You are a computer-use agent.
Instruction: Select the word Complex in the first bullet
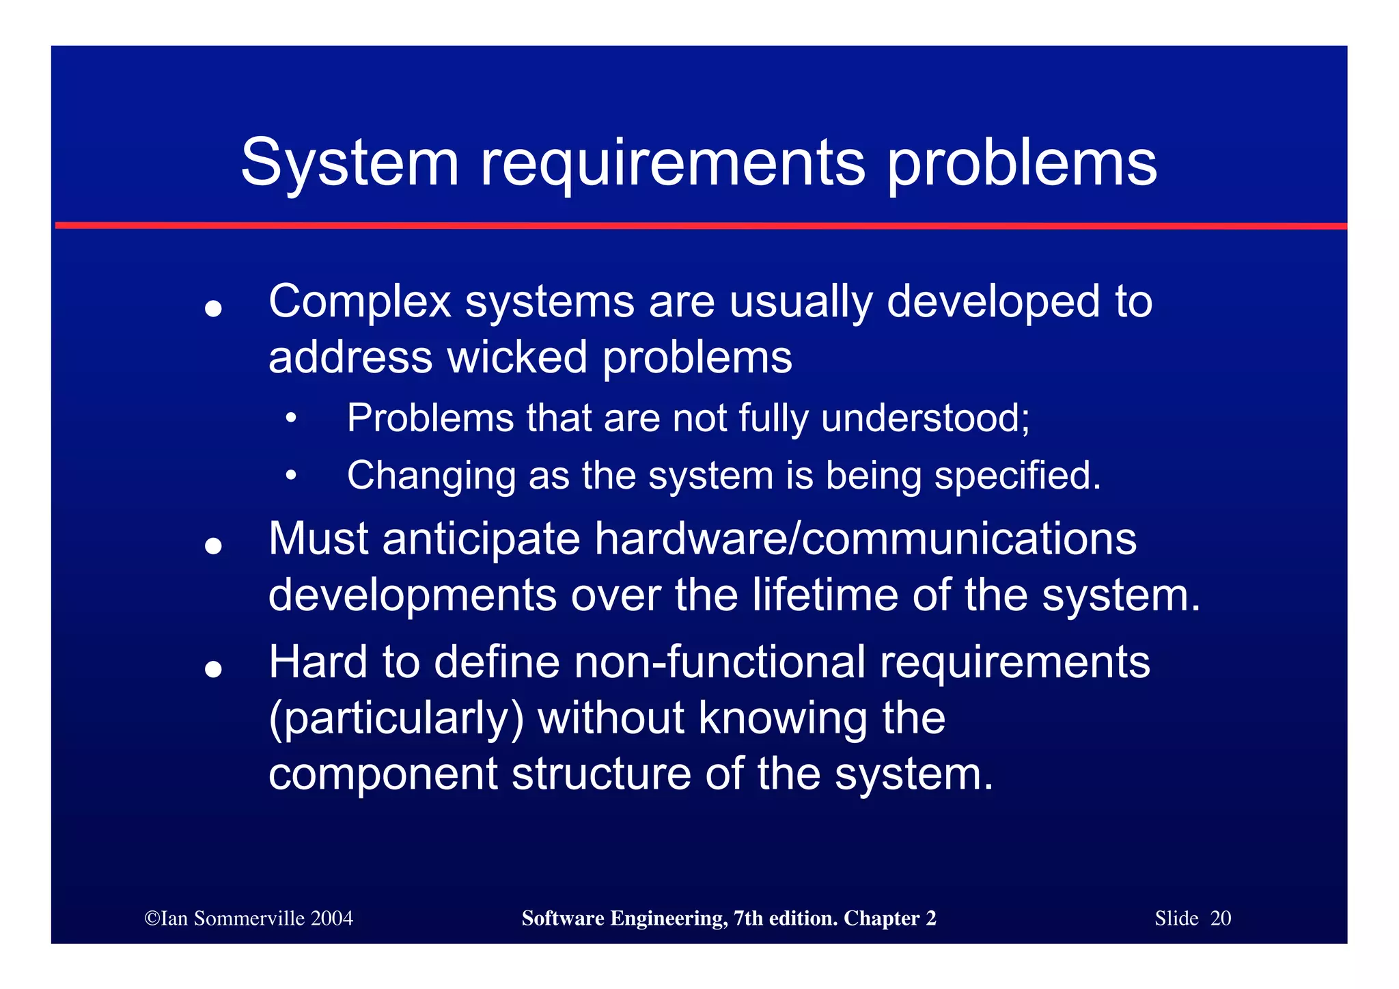(x=359, y=301)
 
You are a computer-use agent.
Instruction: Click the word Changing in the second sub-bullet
(x=431, y=476)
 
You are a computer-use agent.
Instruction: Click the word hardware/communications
(x=865, y=539)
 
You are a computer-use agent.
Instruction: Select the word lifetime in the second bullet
(x=825, y=595)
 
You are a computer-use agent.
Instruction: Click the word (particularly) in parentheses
(x=396, y=718)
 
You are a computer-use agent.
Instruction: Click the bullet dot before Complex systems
(x=213, y=309)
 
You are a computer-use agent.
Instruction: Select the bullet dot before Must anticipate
(x=213, y=546)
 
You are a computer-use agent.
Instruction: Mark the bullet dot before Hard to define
(x=213, y=669)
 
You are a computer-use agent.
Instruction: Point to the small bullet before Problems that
(x=292, y=418)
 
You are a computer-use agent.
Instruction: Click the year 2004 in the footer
(x=331, y=918)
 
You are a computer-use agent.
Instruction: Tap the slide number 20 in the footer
(x=1220, y=918)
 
